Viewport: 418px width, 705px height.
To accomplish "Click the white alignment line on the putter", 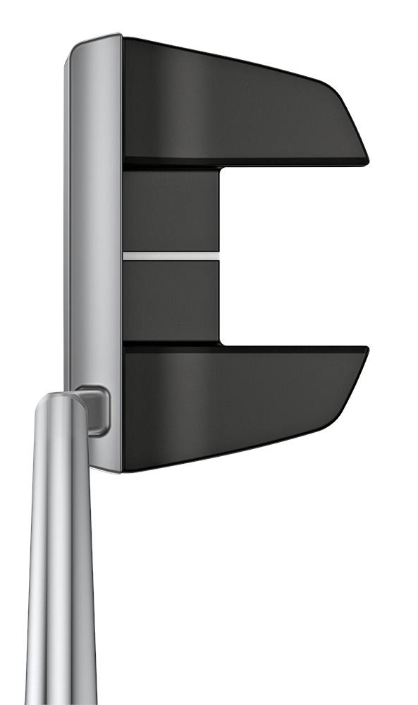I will [x=171, y=255].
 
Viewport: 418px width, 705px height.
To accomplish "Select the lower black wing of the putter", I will [x=233, y=402].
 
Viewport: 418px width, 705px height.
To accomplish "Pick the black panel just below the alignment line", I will [x=171, y=300].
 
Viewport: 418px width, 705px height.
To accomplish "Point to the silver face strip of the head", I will [x=95, y=211].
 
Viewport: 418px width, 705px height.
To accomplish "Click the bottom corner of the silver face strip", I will [x=113, y=469].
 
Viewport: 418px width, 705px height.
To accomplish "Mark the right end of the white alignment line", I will [x=218, y=255].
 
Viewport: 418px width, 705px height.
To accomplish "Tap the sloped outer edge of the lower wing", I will [x=349, y=391].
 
